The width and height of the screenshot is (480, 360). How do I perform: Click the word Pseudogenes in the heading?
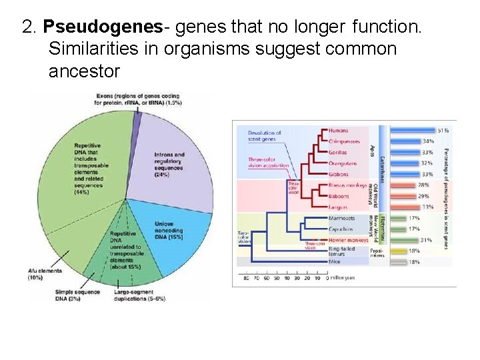(103, 27)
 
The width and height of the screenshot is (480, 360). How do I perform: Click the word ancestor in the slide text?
(84, 71)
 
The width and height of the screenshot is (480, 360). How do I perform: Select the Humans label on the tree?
(339, 131)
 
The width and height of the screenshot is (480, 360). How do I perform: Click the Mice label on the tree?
(335, 263)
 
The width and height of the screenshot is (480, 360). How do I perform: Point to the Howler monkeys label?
(349, 240)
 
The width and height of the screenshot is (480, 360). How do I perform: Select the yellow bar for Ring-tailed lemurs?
(399, 251)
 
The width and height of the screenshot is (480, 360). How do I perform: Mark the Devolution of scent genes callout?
(265, 136)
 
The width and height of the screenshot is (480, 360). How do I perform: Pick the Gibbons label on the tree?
(339, 175)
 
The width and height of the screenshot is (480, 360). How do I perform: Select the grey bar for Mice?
(399, 263)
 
